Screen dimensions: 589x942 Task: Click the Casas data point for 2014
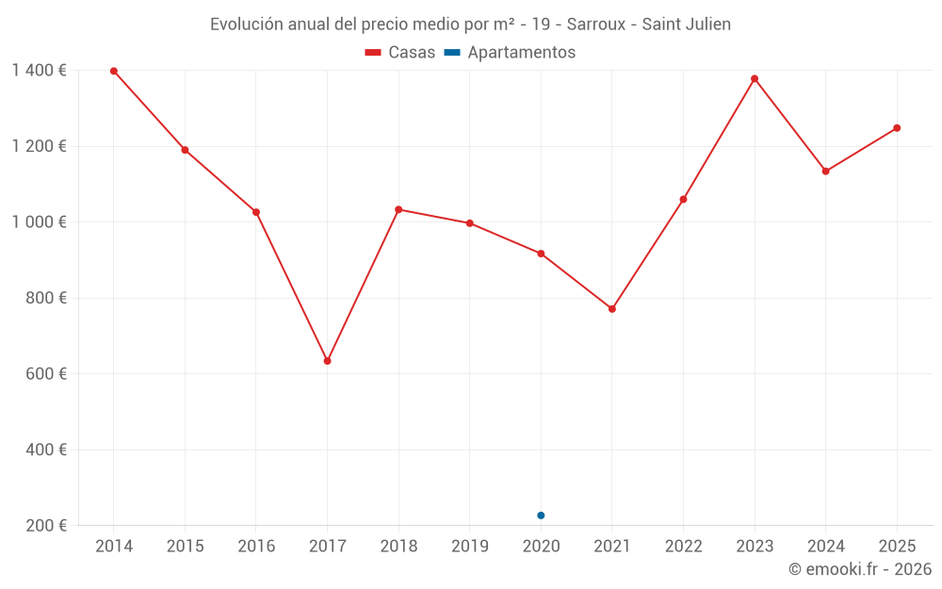pos(114,71)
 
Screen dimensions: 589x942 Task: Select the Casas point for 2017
pos(327,361)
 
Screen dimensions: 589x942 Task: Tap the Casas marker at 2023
pos(755,78)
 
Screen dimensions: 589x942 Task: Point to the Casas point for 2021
pos(612,308)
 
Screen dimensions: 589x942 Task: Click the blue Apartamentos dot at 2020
pos(541,515)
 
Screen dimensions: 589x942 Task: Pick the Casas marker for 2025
pos(897,128)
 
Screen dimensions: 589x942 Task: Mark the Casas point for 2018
pos(398,209)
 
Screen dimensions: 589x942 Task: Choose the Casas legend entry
pos(400,53)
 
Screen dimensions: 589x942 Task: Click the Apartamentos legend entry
pos(510,53)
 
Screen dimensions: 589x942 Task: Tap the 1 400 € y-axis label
pos(39,70)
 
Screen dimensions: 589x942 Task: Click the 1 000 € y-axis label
pos(39,221)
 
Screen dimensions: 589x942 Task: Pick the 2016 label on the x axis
pos(256,547)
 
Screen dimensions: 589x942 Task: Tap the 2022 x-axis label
pos(683,547)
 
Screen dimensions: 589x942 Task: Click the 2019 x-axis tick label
pos(470,547)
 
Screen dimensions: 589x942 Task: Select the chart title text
pos(470,25)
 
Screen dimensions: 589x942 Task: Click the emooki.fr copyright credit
pos(860,569)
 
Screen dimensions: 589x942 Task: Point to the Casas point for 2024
pos(825,171)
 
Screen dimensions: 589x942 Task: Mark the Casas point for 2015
pos(185,150)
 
